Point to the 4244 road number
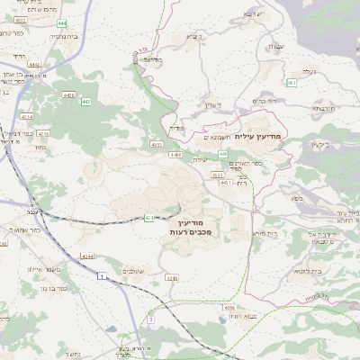(86, 256)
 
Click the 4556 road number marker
(229, 308)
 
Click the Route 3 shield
(151, 319)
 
